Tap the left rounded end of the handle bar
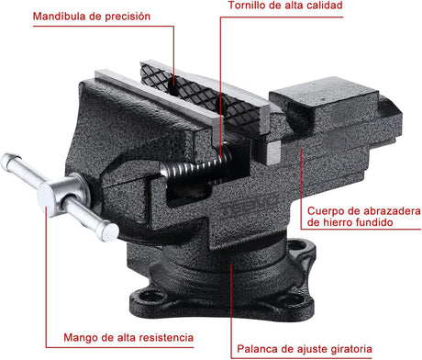tap(8, 161)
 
